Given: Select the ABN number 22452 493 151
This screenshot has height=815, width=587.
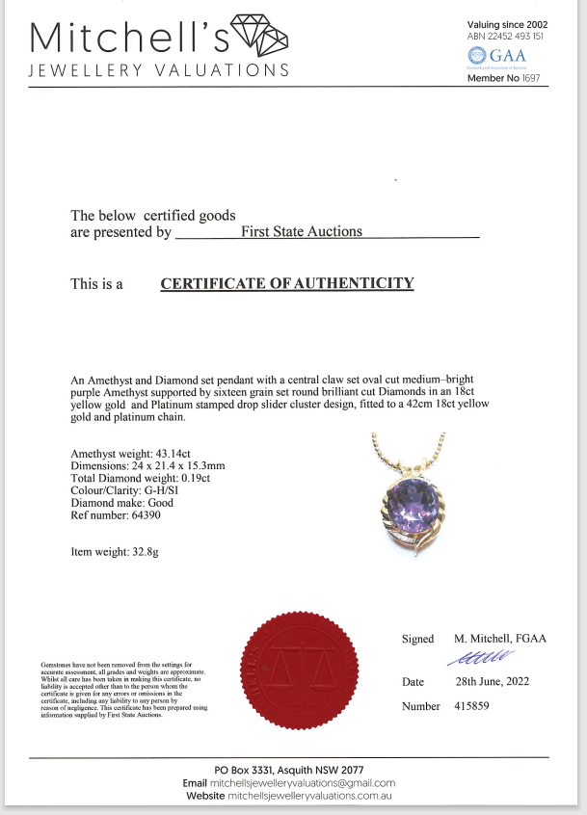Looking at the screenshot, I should click(x=520, y=36).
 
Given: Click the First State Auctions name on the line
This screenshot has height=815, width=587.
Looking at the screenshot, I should click(x=302, y=231).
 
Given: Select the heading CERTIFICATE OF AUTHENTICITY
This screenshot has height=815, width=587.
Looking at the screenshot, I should click(x=286, y=283).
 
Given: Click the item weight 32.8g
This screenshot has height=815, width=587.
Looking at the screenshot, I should click(x=150, y=553).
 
